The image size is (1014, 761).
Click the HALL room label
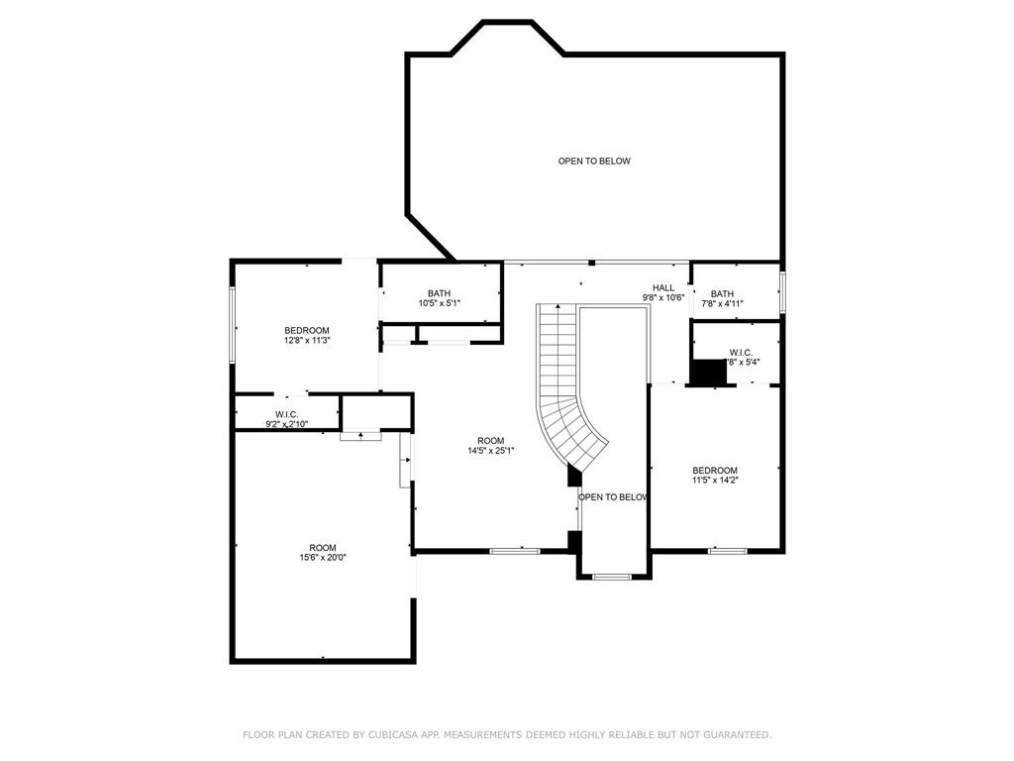pyautogui.click(x=662, y=287)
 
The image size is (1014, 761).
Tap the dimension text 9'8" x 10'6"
pyautogui.click(x=663, y=297)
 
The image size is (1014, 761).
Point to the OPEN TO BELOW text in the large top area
pyautogui.click(x=593, y=161)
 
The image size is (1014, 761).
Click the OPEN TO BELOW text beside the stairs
pyautogui.click(x=613, y=497)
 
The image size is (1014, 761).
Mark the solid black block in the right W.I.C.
pyautogui.click(x=708, y=373)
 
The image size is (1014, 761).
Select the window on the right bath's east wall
pyautogui.click(x=781, y=293)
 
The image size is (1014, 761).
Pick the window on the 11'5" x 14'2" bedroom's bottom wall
pyautogui.click(x=727, y=550)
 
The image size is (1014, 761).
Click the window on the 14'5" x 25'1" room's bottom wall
pyautogui.click(x=514, y=550)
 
